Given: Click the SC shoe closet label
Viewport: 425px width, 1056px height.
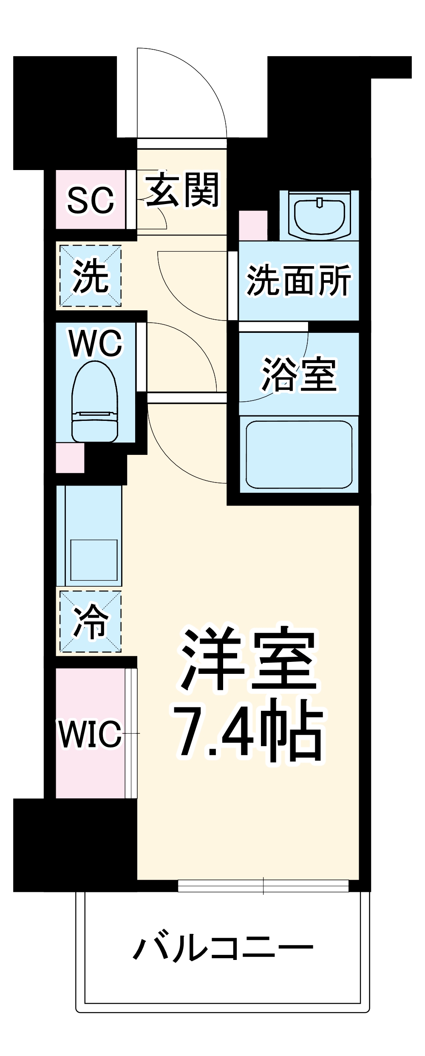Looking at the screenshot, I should (x=91, y=200).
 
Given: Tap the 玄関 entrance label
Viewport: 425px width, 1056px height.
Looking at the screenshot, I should (x=182, y=190).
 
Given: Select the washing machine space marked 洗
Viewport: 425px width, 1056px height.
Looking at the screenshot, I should (x=90, y=276).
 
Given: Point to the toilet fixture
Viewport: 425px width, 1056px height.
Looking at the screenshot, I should (x=94, y=401).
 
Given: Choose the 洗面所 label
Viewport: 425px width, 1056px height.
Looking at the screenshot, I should (x=299, y=280).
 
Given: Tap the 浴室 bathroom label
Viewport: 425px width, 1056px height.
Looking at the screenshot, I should (x=299, y=374).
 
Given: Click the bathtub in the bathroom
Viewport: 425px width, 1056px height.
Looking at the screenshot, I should (x=299, y=454).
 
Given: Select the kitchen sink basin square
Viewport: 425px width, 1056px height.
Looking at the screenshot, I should (x=94, y=560).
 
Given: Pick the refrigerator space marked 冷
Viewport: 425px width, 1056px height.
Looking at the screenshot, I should (x=90, y=621).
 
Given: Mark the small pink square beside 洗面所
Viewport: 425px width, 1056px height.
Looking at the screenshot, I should (x=253, y=225).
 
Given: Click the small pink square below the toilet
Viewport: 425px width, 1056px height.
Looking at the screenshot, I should (x=70, y=458).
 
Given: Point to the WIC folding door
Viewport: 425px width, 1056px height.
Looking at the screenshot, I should (x=131, y=733).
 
